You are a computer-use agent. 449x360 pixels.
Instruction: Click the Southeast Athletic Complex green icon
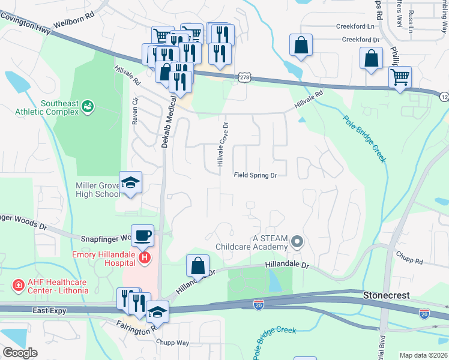pos(88,106)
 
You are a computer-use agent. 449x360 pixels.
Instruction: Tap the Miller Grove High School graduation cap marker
pos(130,184)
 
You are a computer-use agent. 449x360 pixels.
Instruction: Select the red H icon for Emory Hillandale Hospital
pos(144,258)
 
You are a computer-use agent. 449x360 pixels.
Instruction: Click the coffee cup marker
pos(142,235)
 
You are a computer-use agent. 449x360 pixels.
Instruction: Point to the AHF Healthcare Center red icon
pos(18,283)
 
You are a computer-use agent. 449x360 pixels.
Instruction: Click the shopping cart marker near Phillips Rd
pos(399,77)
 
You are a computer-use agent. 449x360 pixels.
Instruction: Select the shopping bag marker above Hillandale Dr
pos(197,265)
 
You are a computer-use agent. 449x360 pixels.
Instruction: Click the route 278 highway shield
pos(244,77)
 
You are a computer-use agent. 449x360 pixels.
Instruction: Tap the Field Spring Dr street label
pos(255,176)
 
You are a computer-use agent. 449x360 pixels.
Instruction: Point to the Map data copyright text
pos(423,355)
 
